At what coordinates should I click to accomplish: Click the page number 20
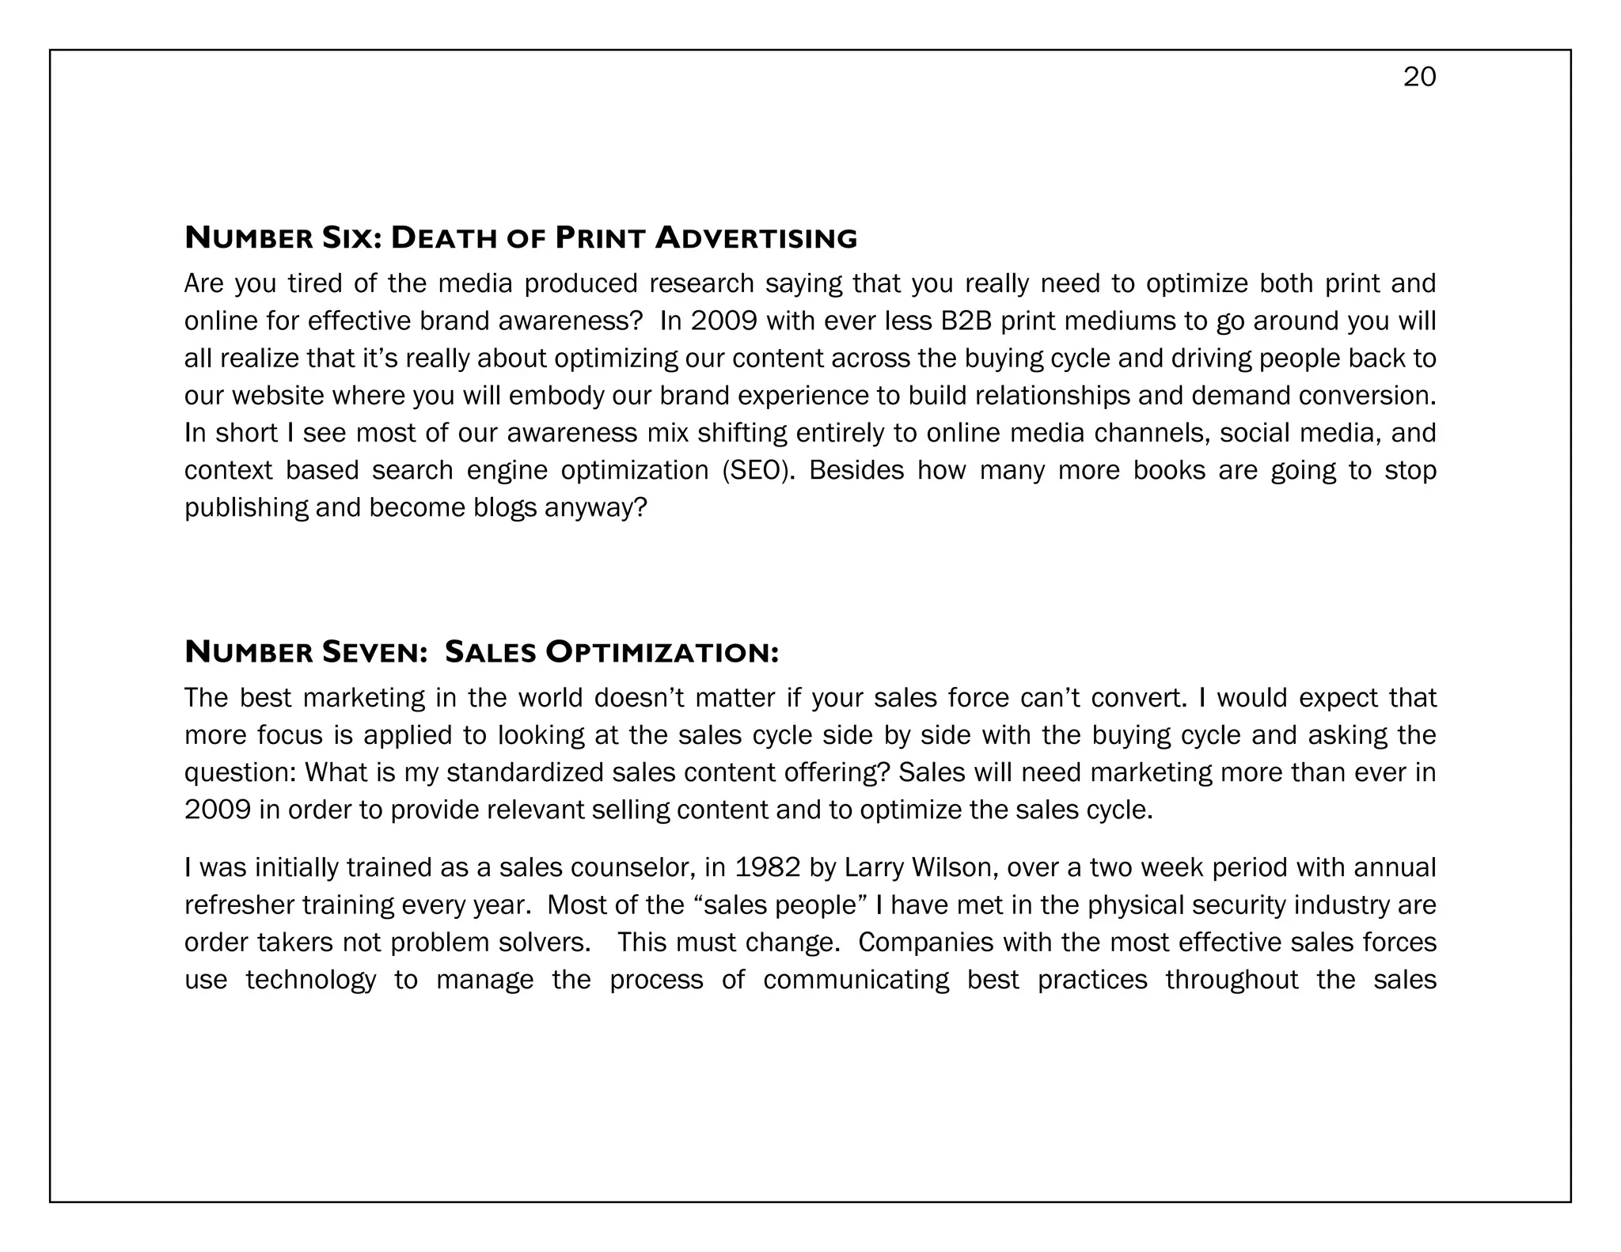(1419, 77)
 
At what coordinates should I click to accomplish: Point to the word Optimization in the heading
(662, 652)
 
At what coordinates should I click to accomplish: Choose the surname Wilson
(951, 867)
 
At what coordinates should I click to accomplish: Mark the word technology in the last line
(310, 980)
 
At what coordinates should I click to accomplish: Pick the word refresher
(237, 905)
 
